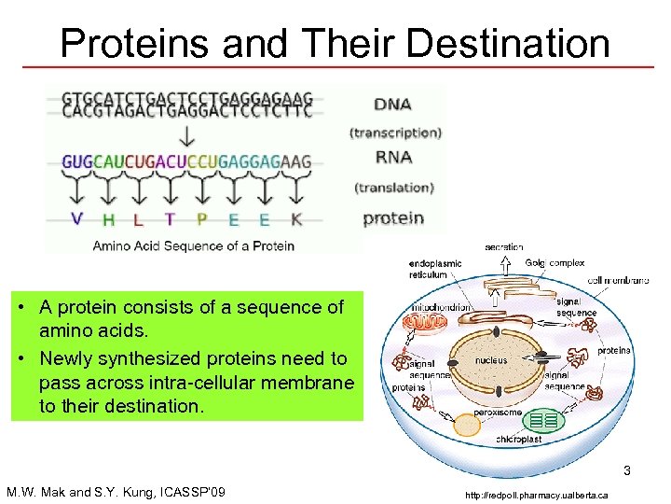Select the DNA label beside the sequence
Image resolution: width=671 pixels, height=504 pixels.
click(392, 104)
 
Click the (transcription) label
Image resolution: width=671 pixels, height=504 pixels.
click(395, 133)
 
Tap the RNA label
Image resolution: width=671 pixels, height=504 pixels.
click(393, 158)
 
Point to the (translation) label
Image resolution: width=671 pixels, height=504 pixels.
click(394, 188)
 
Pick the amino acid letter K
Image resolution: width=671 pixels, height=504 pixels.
click(296, 219)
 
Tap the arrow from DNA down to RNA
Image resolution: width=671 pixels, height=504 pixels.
click(186, 136)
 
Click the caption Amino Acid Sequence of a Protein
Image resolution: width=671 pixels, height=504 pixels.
click(193, 246)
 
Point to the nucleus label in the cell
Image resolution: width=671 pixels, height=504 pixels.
click(491, 360)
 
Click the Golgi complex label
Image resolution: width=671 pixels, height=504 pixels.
click(555, 263)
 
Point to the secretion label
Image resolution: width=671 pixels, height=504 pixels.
click(503, 247)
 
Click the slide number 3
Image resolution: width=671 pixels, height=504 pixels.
click(627, 470)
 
